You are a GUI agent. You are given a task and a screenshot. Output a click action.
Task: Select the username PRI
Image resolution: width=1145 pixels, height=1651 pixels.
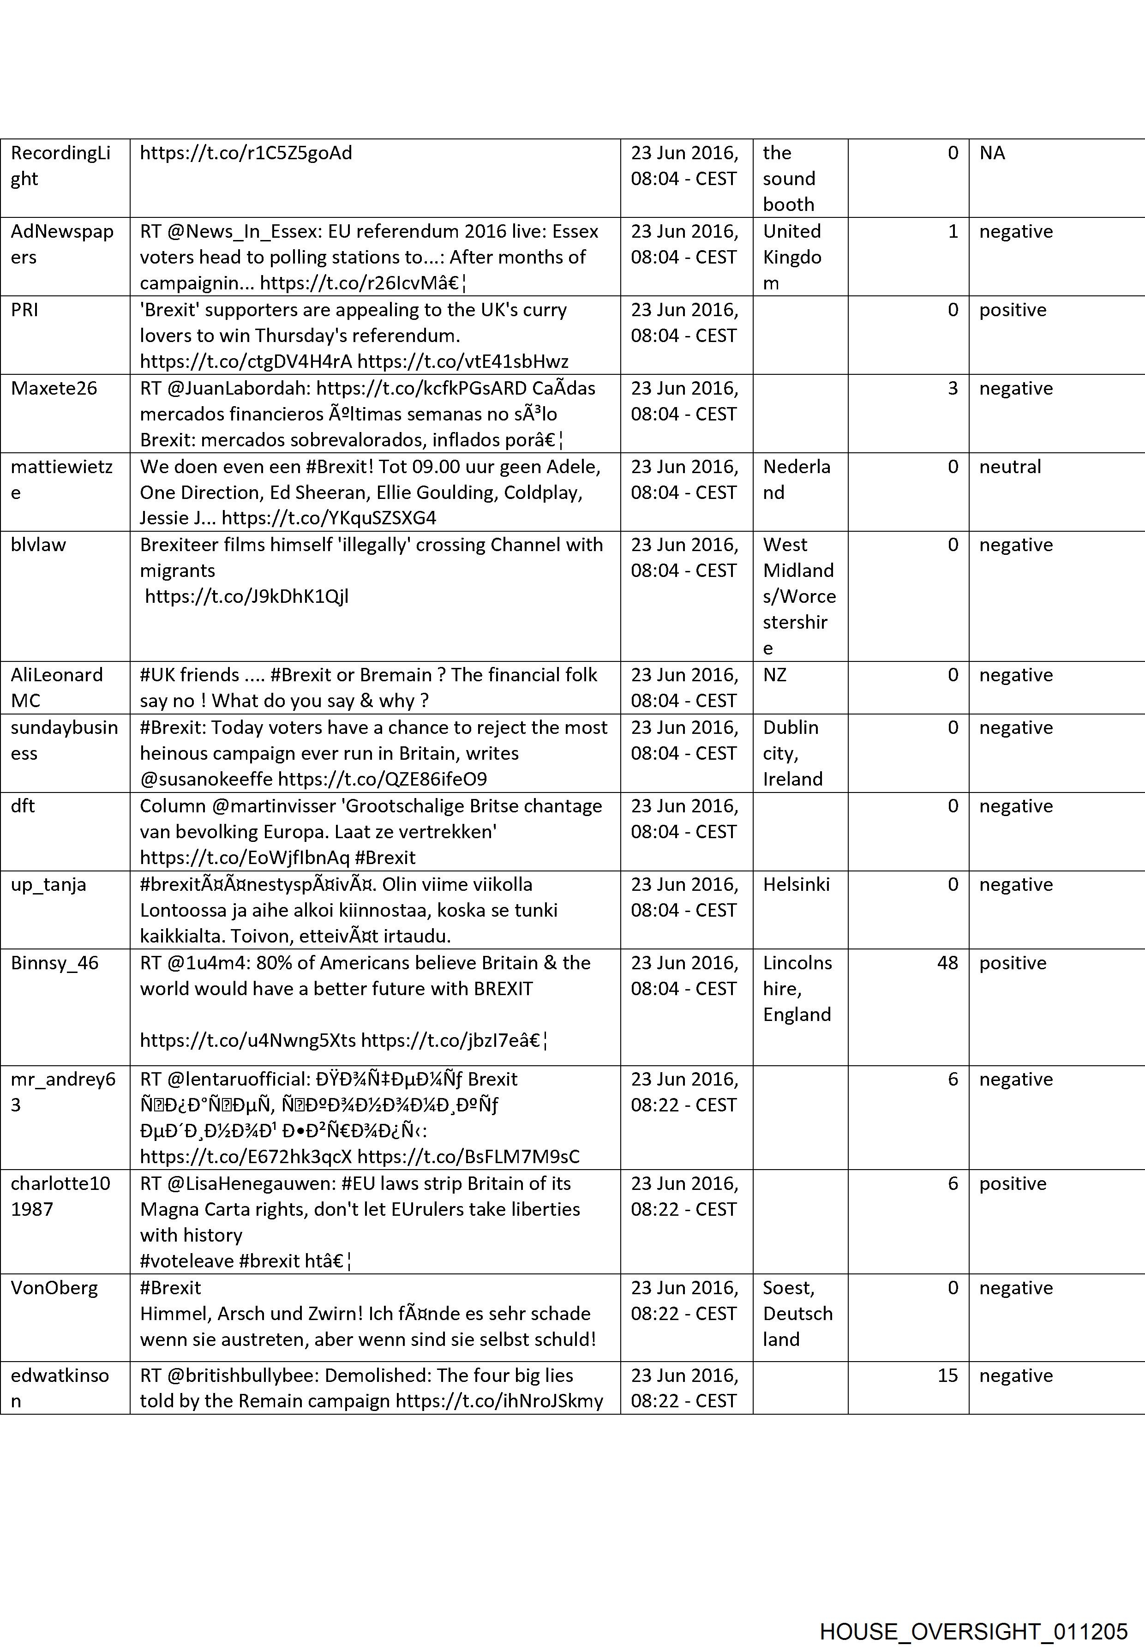pyautogui.click(x=24, y=310)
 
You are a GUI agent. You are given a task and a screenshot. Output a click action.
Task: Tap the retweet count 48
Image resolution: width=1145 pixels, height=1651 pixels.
pyautogui.click(x=947, y=963)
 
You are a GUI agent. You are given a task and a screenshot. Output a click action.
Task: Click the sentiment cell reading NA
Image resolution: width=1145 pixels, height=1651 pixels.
pyautogui.click(x=992, y=153)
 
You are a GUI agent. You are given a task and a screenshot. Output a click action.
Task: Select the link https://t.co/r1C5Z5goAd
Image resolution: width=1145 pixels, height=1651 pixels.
pyautogui.click(x=246, y=153)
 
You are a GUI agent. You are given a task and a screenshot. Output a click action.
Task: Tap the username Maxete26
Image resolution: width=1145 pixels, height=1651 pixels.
pyautogui.click(x=54, y=388)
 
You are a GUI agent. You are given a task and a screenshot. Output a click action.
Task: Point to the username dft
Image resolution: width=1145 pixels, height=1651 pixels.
pyautogui.click(x=23, y=806)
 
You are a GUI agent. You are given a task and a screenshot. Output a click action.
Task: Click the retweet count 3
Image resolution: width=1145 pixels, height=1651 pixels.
pyautogui.click(x=953, y=388)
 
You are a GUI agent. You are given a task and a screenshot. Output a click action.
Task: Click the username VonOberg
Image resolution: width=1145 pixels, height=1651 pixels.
pyautogui.click(x=54, y=1287)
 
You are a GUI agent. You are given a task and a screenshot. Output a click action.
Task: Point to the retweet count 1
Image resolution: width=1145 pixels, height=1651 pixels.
pyautogui.click(x=953, y=231)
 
